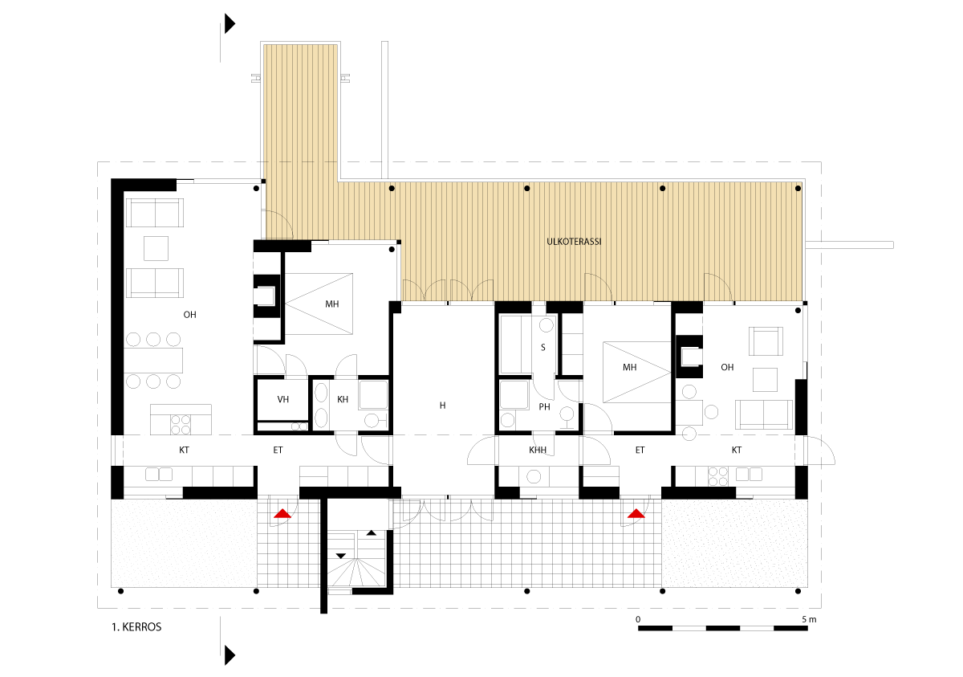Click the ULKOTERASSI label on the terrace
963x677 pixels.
pos(574,242)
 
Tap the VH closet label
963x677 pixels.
pos(282,400)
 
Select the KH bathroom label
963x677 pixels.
pos(343,400)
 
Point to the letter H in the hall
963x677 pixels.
pos(443,406)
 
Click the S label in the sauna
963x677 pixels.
pos(543,348)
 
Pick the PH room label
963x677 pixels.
pos(544,407)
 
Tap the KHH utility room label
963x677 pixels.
pos(538,450)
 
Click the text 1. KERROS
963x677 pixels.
pos(136,627)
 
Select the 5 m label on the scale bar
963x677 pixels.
pos(809,620)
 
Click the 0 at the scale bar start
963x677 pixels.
pos(638,620)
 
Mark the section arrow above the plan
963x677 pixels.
pos(230,23)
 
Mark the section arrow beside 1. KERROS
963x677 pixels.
pos(230,655)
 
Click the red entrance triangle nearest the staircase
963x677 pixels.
pos(282,513)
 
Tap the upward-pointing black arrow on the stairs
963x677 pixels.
pos(372,533)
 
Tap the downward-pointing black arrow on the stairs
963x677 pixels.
pos(341,556)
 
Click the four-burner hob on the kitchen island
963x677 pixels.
pos(181,425)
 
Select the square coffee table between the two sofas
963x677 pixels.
pos(156,248)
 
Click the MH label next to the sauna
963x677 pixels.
pos(629,367)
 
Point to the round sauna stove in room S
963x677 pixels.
pos(547,325)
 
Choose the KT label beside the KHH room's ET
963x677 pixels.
pos(737,450)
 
